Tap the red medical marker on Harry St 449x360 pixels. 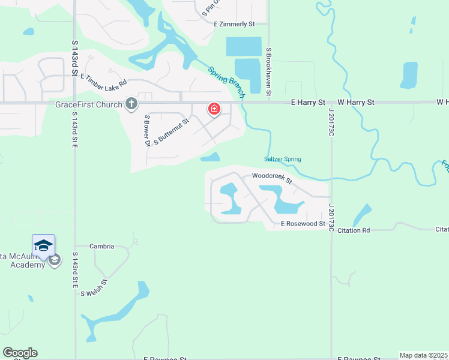214,109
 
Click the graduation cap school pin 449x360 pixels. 43,246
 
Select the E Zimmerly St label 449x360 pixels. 235,24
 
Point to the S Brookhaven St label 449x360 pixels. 269,72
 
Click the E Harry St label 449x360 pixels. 308,103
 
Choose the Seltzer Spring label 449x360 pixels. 282,159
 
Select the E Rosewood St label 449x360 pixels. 303,224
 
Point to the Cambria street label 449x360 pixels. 101,246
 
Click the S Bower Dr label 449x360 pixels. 146,130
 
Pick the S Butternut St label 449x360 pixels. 172,131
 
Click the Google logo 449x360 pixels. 20,353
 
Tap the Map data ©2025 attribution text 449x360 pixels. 424,355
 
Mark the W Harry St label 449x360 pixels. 356,103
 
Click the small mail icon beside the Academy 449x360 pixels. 55,260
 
